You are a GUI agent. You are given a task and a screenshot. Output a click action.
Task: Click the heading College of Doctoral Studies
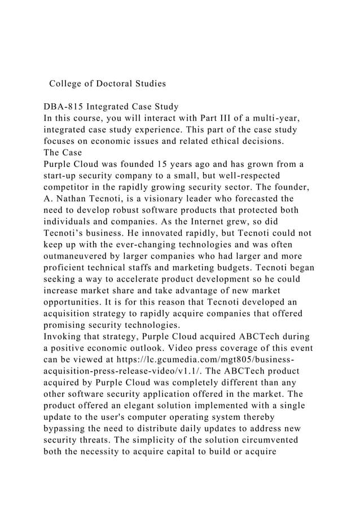(107, 84)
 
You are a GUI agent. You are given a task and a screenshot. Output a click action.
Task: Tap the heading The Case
(63, 152)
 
